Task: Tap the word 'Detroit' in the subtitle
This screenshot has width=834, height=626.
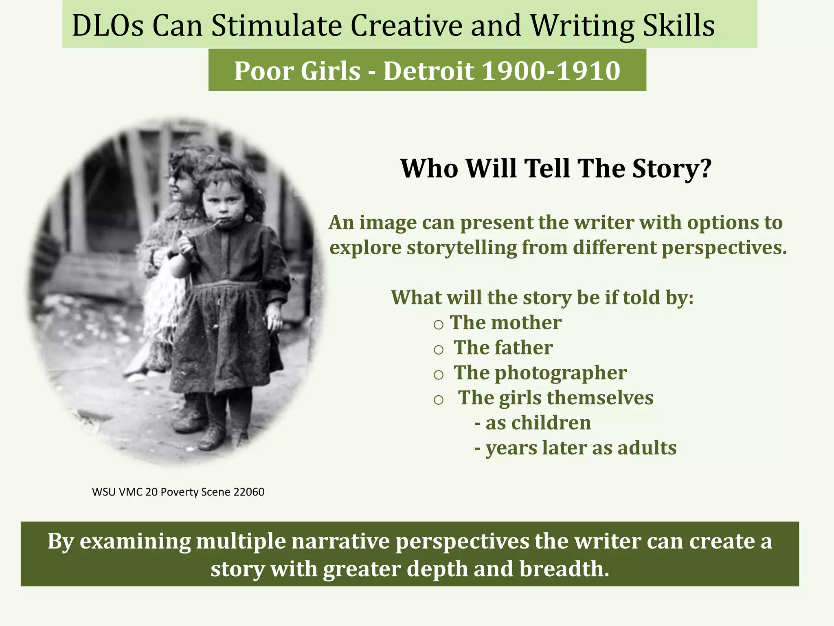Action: (428, 71)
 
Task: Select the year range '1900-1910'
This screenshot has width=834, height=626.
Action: (551, 71)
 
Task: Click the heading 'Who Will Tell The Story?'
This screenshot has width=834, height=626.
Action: (556, 168)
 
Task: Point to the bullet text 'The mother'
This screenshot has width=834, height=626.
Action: (506, 323)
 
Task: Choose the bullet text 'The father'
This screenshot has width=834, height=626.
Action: (503, 348)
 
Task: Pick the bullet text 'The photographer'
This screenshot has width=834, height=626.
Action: (540, 373)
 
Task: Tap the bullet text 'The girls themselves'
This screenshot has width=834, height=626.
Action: (556, 398)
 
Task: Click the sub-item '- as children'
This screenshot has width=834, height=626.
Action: (533, 423)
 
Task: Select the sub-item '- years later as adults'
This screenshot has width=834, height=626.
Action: (575, 448)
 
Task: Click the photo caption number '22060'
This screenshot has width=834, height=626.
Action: (249, 492)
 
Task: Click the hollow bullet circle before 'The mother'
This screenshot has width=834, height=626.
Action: (438, 325)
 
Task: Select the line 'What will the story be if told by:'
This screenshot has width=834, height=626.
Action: (542, 298)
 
